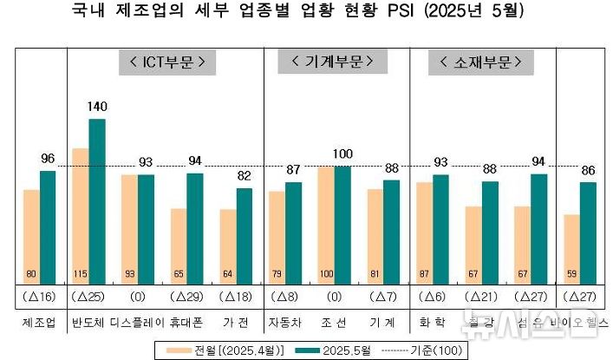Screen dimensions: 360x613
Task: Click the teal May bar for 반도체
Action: click(x=97, y=200)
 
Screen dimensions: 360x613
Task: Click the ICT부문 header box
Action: click(x=166, y=62)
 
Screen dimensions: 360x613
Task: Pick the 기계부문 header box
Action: click(x=327, y=62)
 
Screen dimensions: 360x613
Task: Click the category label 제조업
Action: click(x=39, y=322)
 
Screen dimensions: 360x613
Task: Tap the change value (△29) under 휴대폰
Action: click(x=186, y=298)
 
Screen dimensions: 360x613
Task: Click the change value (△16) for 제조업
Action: click(x=39, y=298)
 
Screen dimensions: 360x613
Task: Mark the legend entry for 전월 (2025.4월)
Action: click(x=224, y=350)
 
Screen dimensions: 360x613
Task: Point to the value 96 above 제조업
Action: click(x=48, y=159)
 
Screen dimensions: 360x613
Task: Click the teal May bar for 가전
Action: click(x=245, y=234)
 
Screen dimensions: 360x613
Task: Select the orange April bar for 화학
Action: click(x=424, y=232)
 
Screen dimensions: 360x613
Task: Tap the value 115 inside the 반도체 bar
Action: click(x=81, y=275)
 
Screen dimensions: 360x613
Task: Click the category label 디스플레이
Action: click(x=137, y=322)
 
